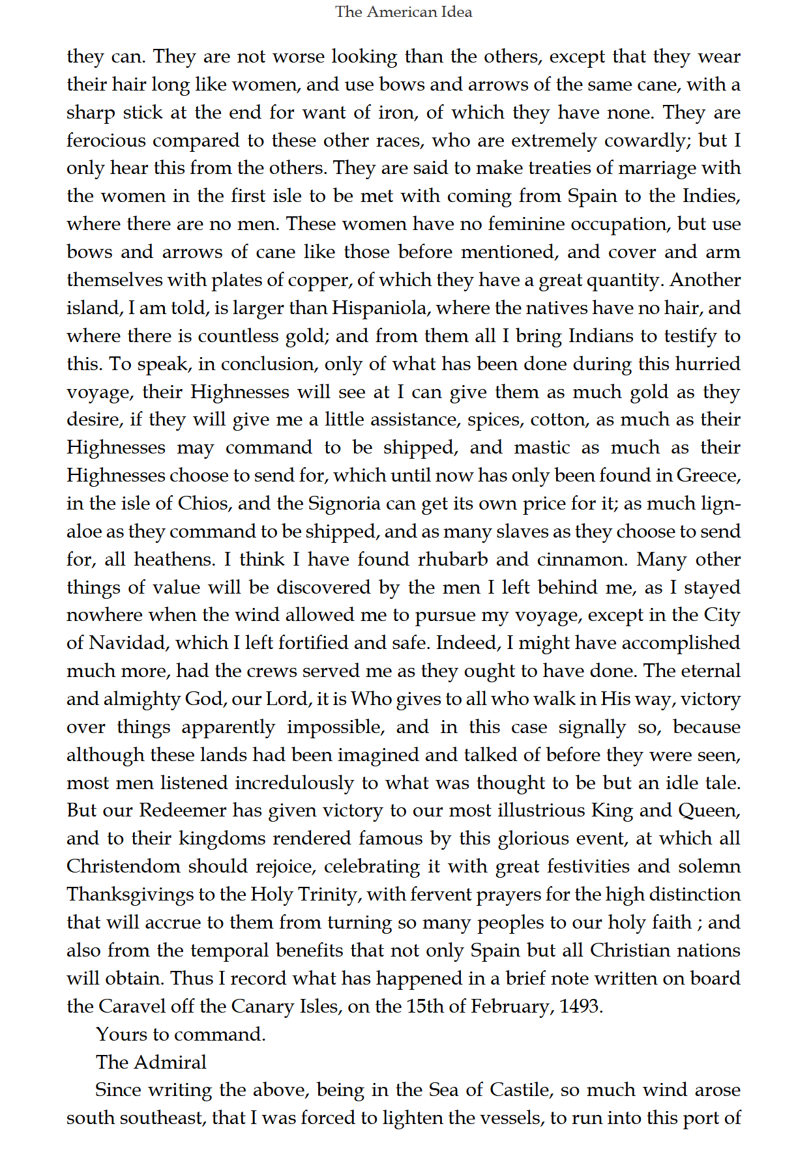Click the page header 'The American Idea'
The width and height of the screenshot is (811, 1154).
pyautogui.click(x=404, y=12)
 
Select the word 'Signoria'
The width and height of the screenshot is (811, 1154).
pyautogui.click(x=344, y=503)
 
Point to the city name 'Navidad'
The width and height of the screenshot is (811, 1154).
pyautogui.click(x=127, y=642)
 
